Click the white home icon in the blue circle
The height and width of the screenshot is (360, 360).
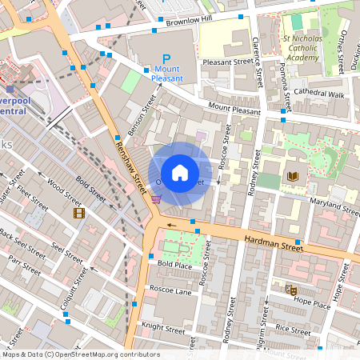(180, 173)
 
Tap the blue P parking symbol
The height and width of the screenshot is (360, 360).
(166, 58)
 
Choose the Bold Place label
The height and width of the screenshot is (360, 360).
(174, 264)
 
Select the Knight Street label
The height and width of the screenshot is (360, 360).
(163, 326)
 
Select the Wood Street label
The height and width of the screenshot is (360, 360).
(65, 194)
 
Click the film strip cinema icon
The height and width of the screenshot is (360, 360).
(78, 213)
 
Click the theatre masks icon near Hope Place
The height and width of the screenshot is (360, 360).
(290, 290)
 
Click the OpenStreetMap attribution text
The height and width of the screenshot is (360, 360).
(82, 354)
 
